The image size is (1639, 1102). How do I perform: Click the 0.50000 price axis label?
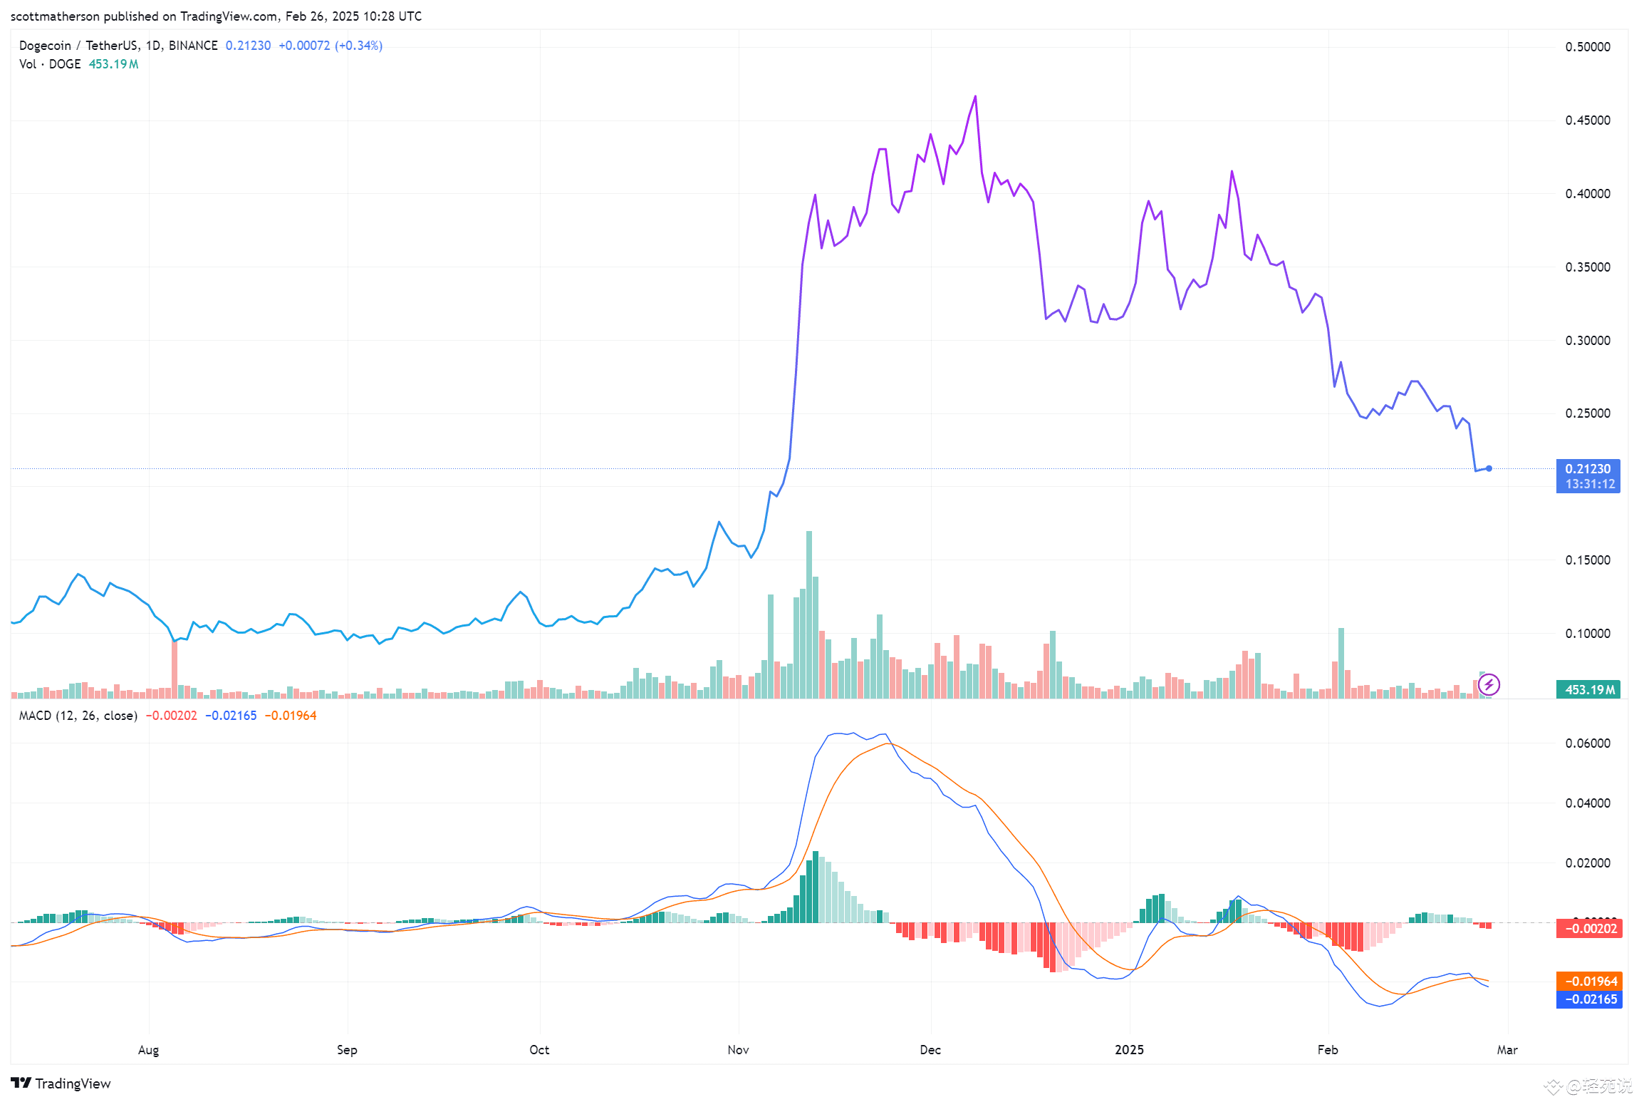(1587, 47)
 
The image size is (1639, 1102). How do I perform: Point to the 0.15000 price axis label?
(1587, 560)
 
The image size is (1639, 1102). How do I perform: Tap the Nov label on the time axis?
(738, 1050)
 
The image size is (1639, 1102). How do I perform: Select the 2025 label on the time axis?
(1129, 1050)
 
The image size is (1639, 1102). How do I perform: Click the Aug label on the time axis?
(148, 1050)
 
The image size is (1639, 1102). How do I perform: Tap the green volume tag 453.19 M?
(1588, 689)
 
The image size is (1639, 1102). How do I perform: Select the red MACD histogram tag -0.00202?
(1589, 928)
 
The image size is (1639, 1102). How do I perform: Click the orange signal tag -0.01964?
(1589, 981)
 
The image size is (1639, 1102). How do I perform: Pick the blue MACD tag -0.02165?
(1589, 999)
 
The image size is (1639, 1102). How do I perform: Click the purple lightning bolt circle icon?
(1489, 685)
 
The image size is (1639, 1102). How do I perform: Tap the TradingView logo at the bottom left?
(61, 1083)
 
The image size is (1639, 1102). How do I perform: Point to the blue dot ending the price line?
(1489, 468)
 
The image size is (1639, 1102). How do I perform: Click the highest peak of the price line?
(975, 97)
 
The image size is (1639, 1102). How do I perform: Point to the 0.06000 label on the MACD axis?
(1587, 743)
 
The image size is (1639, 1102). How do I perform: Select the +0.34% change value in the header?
(359, 46)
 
